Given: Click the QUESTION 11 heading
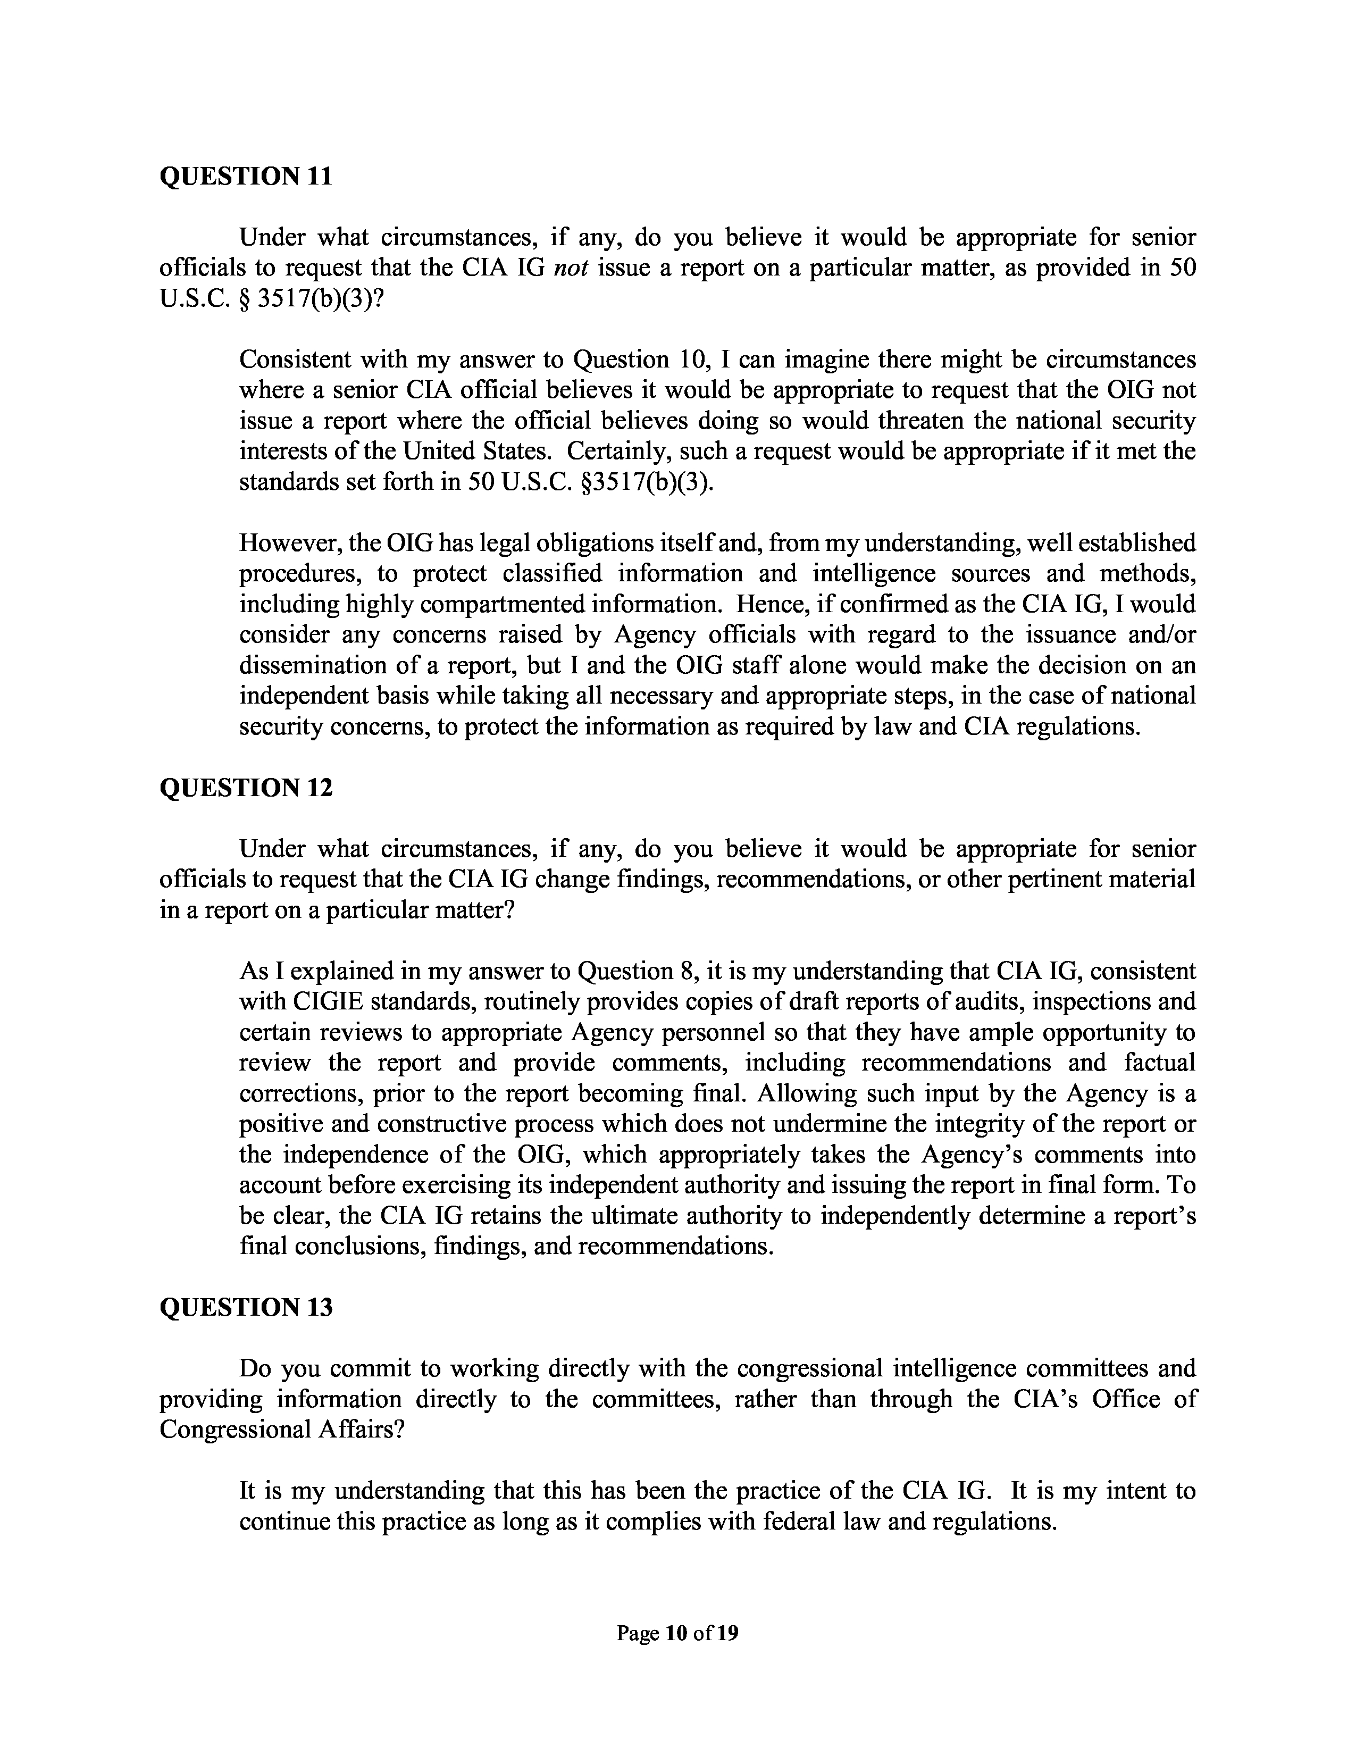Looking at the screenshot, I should pos(246,176).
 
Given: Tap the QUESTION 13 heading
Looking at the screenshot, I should pos(246,1307).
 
